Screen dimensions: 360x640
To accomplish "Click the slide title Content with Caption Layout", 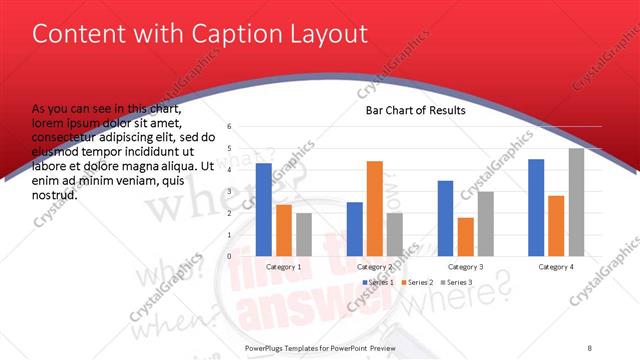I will pyautogui.click(x=200, y=34).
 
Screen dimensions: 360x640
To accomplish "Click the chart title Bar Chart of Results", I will pyautogui.click(x=415, y=110).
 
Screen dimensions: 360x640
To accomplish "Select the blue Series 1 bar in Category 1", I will pyautogui.click(x=264, y=209).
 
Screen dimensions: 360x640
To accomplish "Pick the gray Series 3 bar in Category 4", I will pyautogui.click(x=576, y=202).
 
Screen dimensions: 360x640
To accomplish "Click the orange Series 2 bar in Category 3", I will pyautogui.click(x=466, y=236).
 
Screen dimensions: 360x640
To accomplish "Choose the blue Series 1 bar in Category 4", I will pyautogui.click(x=536, y=207).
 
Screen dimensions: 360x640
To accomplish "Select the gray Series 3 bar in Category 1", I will pyautogui.click(x=304, y=234).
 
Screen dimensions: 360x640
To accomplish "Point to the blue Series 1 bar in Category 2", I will pyautogui.click(x=355, y=229).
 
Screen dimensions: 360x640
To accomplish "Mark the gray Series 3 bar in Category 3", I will pyautogui.click(x=485, y=223).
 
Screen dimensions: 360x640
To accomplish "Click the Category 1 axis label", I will pyautogui.click(x=284, y=267).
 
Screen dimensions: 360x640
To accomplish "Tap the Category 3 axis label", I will pyautogui.click(x=465, y=267).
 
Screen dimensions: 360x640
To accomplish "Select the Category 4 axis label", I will pyautogui.click(x=556, y=267).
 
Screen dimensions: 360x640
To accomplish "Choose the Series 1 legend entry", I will pyautogui.click(x=379, y=283).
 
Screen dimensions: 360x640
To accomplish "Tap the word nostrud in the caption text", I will pyautogui.click(x=56, y=195).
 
